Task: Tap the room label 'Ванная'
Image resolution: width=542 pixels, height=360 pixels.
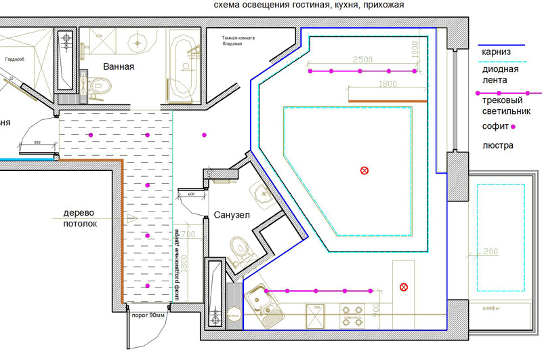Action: coord(119,67)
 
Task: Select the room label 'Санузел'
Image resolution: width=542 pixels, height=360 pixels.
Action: coord(232,215)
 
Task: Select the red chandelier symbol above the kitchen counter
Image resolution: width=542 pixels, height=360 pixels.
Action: coord(404,287)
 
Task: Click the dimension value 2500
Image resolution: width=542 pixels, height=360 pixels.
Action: coord(363,60)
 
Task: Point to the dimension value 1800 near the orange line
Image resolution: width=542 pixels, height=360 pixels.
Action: coord(387,84)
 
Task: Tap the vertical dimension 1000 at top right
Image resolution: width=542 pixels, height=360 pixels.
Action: coord(416,49)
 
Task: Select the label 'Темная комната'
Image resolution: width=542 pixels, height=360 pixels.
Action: coord(240,39)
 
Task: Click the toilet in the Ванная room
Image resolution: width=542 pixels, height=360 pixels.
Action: coord(100,85)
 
